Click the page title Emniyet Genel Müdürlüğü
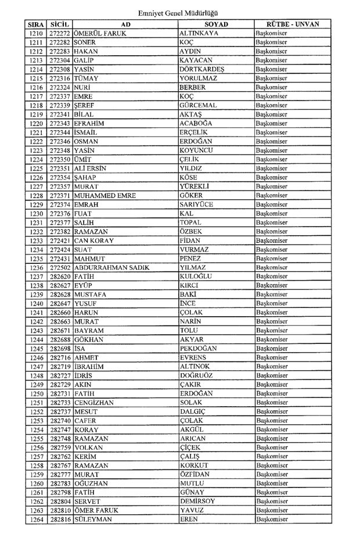(x=179, y=13)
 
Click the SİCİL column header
(x=60, y=24)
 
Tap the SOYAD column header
(x=216, y=24)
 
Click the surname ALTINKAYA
(x=200, y=34)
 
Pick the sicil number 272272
(x=60, y=34)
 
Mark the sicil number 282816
(x=60, y=519)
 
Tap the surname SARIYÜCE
(x=197, y=205)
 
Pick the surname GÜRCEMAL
(x=199, y=106)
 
